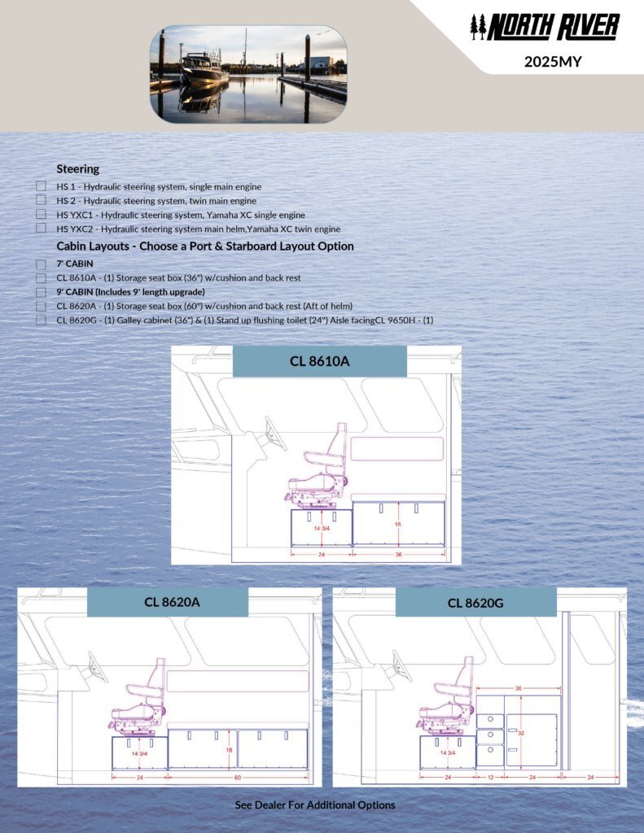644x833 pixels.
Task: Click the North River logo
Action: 545,28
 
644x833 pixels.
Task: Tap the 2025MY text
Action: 553,60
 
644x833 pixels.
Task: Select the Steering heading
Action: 78,169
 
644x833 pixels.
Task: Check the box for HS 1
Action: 41,186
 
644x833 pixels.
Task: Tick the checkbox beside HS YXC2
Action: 41,229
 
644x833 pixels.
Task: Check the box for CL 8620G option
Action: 41,321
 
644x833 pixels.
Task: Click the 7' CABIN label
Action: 75,264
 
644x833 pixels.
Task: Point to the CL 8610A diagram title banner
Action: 319,361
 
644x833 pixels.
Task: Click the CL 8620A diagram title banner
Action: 167,602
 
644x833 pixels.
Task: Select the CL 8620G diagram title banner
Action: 475,602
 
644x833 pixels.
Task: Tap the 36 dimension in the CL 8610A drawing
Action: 399,555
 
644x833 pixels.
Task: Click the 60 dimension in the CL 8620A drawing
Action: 238,777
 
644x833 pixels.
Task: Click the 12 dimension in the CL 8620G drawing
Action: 489,777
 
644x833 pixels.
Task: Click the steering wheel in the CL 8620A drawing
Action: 96,669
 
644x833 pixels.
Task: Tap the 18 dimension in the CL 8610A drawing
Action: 398,525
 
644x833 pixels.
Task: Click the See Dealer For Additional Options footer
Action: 315,805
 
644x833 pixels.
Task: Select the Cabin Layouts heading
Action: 204,246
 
